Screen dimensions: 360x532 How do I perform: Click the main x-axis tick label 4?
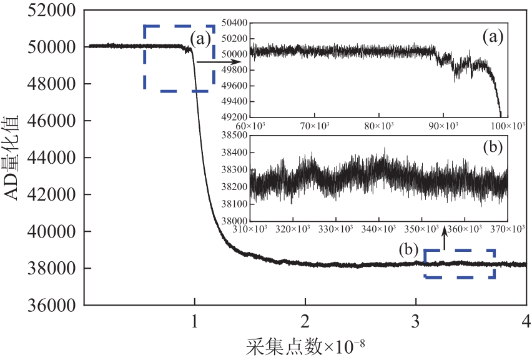coord(525,321)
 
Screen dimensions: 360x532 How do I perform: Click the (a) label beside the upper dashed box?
coord(201,39)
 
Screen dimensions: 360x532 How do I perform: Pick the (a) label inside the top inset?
coord(492,37)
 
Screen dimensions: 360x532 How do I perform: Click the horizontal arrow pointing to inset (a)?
coord(210,62)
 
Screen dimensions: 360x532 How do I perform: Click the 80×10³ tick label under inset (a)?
coord(378,126)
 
